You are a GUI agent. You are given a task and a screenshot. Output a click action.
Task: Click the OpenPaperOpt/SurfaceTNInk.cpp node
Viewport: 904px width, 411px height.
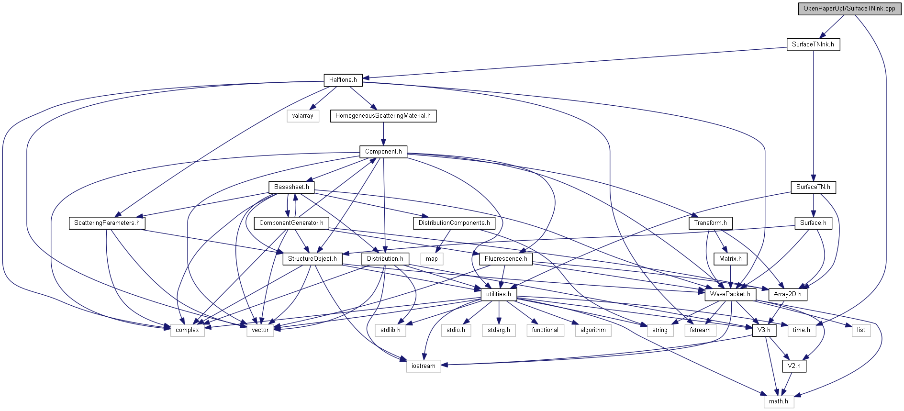tap(849, 9)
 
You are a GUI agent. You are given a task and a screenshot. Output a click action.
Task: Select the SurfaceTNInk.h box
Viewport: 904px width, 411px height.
tap(813, 44)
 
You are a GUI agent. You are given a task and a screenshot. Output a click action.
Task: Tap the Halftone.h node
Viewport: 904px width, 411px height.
tap(343, 80)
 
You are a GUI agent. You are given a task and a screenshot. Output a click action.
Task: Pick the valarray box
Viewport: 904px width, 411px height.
tap(302, 116)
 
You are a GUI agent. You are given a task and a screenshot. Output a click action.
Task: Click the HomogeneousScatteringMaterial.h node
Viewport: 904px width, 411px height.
tap(383, 116)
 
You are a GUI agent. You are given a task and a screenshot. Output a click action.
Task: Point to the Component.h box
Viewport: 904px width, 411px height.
tap(383, 152)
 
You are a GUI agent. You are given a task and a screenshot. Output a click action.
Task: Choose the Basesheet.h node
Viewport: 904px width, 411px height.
tap(291, 187)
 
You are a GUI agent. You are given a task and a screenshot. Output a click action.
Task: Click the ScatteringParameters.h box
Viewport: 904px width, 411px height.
tap(107, 223)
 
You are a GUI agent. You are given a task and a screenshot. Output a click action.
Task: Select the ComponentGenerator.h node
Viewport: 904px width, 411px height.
tap(291, 223)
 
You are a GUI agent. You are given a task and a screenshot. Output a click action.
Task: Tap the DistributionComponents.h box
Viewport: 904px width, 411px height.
tap(454, 223)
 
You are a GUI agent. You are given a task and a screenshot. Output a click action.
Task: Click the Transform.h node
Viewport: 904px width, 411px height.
tap(710, 223)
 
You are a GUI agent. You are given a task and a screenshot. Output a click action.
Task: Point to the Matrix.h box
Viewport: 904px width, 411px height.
tap(730, 259)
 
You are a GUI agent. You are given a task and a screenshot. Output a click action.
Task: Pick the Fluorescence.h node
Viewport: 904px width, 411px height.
tap(505, 259)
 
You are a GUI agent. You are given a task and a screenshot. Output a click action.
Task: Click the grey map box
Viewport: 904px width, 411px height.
tap(432, 259)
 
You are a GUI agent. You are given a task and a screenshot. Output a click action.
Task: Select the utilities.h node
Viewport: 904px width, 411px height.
tap(498, 294)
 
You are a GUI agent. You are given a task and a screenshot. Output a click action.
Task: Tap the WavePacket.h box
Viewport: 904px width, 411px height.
tap(730, 294)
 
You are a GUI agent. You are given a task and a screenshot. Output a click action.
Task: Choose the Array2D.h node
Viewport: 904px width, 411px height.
tap(787, 294)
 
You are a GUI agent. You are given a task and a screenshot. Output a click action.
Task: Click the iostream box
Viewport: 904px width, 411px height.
tap(423, 366)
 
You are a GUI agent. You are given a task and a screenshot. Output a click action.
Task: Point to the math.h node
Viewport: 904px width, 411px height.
tap(778, 401)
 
